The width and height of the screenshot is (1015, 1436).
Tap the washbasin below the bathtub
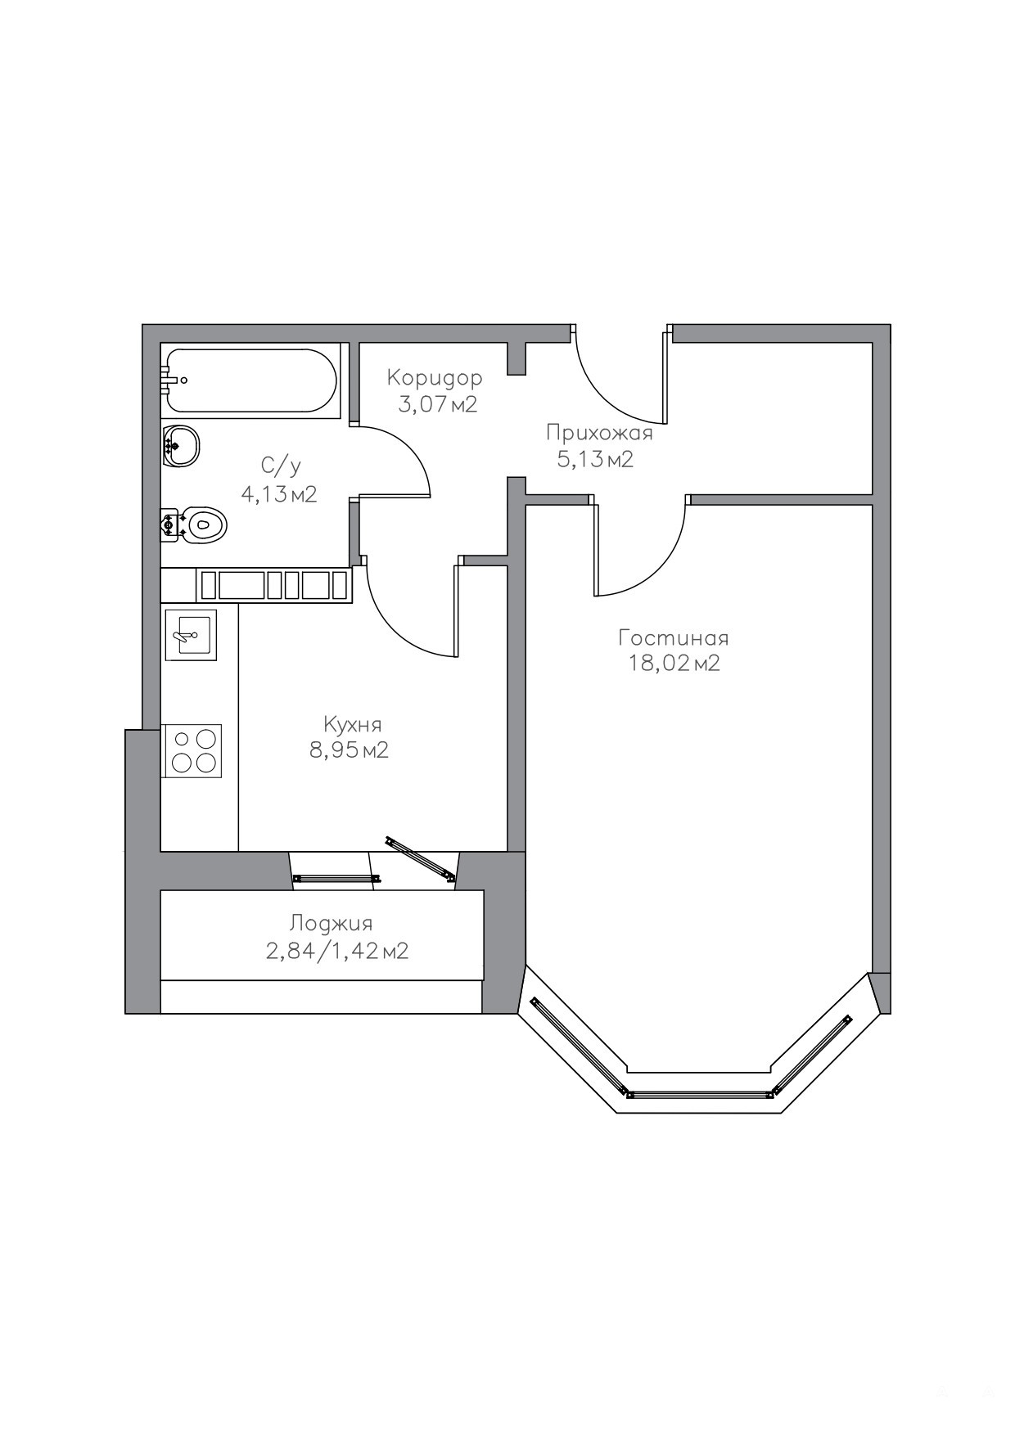click(182, 446)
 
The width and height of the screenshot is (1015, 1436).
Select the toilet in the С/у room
click(194, 524)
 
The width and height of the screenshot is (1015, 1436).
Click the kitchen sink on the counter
click(191, 634)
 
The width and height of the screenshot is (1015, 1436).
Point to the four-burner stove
click(192, 751)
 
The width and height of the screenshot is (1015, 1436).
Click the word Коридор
click(435, 378)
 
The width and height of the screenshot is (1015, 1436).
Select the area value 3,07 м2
click(437, 404)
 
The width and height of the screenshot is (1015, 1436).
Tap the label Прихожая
click(599, 434)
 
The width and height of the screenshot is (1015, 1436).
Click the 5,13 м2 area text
click(595, 460)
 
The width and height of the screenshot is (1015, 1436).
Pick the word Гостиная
click(674, 637)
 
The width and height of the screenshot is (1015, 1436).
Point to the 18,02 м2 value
click(674, 664)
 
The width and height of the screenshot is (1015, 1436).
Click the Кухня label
click(353, 725)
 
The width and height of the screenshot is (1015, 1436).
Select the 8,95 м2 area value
click(349, 750)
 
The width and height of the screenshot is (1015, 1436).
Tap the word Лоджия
click(331, 924)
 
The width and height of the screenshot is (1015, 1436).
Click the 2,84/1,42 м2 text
click(336, 951)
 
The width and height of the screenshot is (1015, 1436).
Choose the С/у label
click(281, 467)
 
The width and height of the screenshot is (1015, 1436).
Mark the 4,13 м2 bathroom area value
click(278, 494)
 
